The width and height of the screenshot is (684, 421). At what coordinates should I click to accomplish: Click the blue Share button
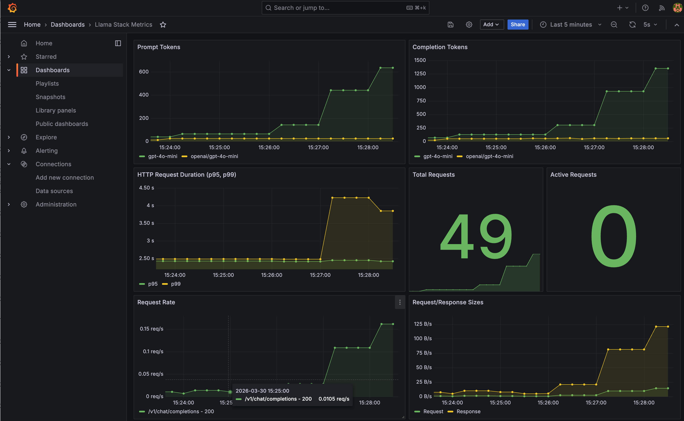(x=518, y=25)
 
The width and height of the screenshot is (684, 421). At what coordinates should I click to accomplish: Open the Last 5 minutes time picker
(x=571, y=25)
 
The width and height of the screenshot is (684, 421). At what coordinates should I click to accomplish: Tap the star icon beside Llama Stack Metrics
(x=163, y=25)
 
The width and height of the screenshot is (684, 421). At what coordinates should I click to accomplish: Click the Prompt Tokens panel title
(x=159, y=47)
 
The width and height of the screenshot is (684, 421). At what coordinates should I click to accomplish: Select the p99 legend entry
(x=175, y=284)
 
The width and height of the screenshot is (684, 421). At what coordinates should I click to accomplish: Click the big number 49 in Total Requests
(x=476, y=236)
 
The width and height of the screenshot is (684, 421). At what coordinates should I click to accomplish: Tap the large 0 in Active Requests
(x=613, y=236)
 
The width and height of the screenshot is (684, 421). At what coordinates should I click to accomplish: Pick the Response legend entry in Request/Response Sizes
(x=468, y=411)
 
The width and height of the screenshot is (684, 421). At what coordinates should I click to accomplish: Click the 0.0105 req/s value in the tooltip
(x=334, y=399)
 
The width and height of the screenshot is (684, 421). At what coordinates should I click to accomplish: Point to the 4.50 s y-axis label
(x=146, y=188)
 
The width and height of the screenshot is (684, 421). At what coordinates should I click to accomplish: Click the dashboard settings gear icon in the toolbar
(x=469, y=25)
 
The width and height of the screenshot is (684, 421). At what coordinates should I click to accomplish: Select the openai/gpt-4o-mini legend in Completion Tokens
(x=489, y=156)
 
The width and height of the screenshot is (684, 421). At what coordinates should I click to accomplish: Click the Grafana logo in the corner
(x=12, y=8)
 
